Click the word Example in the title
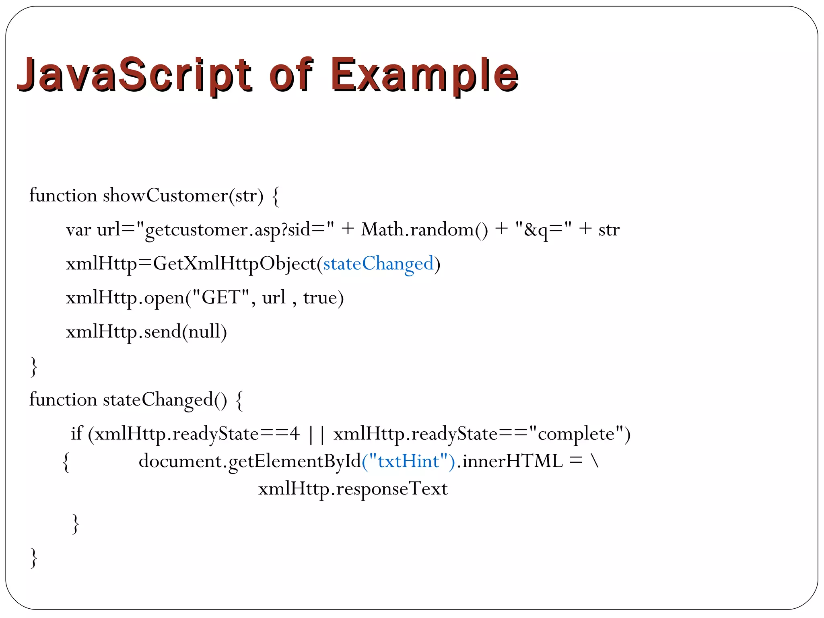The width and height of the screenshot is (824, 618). [x=424, y=75]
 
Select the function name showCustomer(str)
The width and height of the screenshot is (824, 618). [x=183, y=196]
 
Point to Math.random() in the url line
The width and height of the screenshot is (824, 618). [x=424, y=230]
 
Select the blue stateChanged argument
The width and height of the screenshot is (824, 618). [x=378, y=264]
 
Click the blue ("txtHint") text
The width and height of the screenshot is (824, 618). [x=408, y=461]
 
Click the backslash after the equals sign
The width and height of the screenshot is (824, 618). [x=595, y=461]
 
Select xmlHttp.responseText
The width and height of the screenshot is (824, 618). [x=353, y=489]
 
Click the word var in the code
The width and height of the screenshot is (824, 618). [x=78, y=230]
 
